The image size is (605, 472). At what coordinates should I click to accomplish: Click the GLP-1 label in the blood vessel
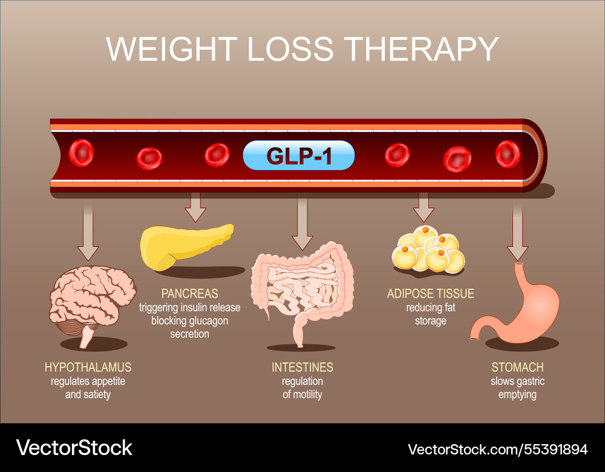pyautogui.click(x=298, y=156)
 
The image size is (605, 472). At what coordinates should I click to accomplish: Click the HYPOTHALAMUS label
pyautogui.click(x=88, y=367)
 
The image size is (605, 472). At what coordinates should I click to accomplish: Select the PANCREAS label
pyautogui.click(x=189, y=293)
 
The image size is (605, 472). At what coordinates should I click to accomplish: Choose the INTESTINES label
pyautogui.click(x=302, y=367)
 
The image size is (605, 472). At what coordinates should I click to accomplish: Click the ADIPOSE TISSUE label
pyautogui.click(x=430, y=293)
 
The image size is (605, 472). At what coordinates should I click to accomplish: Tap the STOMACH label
pyautogui.click(x=517, y=367)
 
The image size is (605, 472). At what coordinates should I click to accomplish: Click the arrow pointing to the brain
pyautogui.click(x=88, y=233)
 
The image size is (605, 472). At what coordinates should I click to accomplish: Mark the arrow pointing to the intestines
pyautogui.click(x=302, y=224)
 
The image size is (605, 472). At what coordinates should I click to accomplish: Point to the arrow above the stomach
pyautogui.click(x=517, y=233)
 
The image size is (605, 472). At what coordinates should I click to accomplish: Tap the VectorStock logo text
pyautogui.click(x=74, y=448)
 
